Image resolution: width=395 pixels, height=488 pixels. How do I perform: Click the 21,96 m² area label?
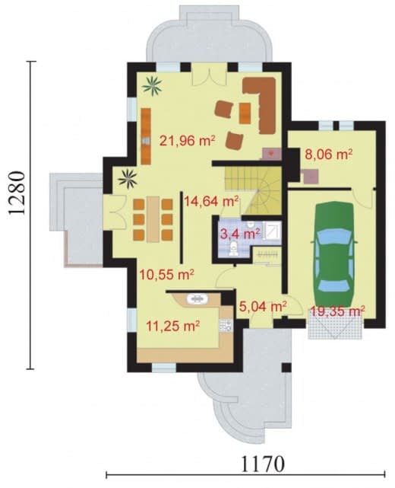pyautogui.click(x=188, y=141)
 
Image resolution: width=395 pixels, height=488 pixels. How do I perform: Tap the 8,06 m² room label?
pyautogui.click(x=329, y=155)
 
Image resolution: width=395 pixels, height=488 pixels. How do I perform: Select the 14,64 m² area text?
pyautogui.click(x=211, y=201)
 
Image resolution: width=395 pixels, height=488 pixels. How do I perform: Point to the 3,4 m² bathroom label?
pyautogui.click(x=240, y=234)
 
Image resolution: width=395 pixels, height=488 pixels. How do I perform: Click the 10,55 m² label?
pyautogui.click(x=167, y=275)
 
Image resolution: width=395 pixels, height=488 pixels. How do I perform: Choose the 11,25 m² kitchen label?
pyautogui.click(x=172, y=327)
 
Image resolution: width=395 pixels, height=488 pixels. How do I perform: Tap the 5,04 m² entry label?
pyautogui.click(x=263, y=307)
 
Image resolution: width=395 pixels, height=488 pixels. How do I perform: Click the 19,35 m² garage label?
pyautogui.click(x=337, y=311)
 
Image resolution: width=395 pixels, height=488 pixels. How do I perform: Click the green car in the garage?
pyautogui.click(x=333, y=254)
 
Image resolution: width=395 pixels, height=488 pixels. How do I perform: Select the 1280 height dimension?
pyautogui.click(x=16, y=193)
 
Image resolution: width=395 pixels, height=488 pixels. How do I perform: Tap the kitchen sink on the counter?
pyautogui.click(x=197, y=299)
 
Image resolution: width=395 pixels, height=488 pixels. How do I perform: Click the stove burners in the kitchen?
pyautogui.click(x=226, y=325)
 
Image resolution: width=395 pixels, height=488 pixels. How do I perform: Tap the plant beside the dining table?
pyautogui.click(x=128, y=179)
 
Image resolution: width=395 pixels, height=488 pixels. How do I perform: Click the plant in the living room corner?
pyautogui.click(x=152, y=86)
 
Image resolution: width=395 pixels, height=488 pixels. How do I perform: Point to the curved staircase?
pyautogui.click(x=253, y=190)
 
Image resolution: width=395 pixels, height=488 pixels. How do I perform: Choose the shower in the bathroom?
pyautogui.click(x=272, y=231)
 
